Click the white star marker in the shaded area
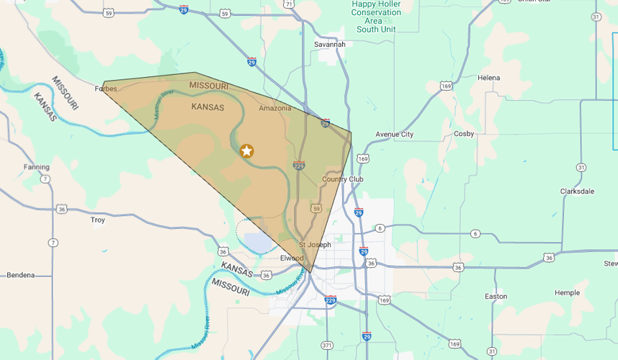[246, 150]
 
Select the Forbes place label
[105, 89]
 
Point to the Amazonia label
[275, 108]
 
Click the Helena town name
[488, 78]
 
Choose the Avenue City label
[395, 135]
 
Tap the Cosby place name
[464, 134]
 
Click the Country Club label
[343, 179]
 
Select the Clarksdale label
[578, 192]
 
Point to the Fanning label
[36, 167]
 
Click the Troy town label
[98, 220]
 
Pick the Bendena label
[22, 275]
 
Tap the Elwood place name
[292, 258]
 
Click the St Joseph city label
[315, 245]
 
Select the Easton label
[496, 297]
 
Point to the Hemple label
[567, 293]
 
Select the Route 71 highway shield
[289, 4]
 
